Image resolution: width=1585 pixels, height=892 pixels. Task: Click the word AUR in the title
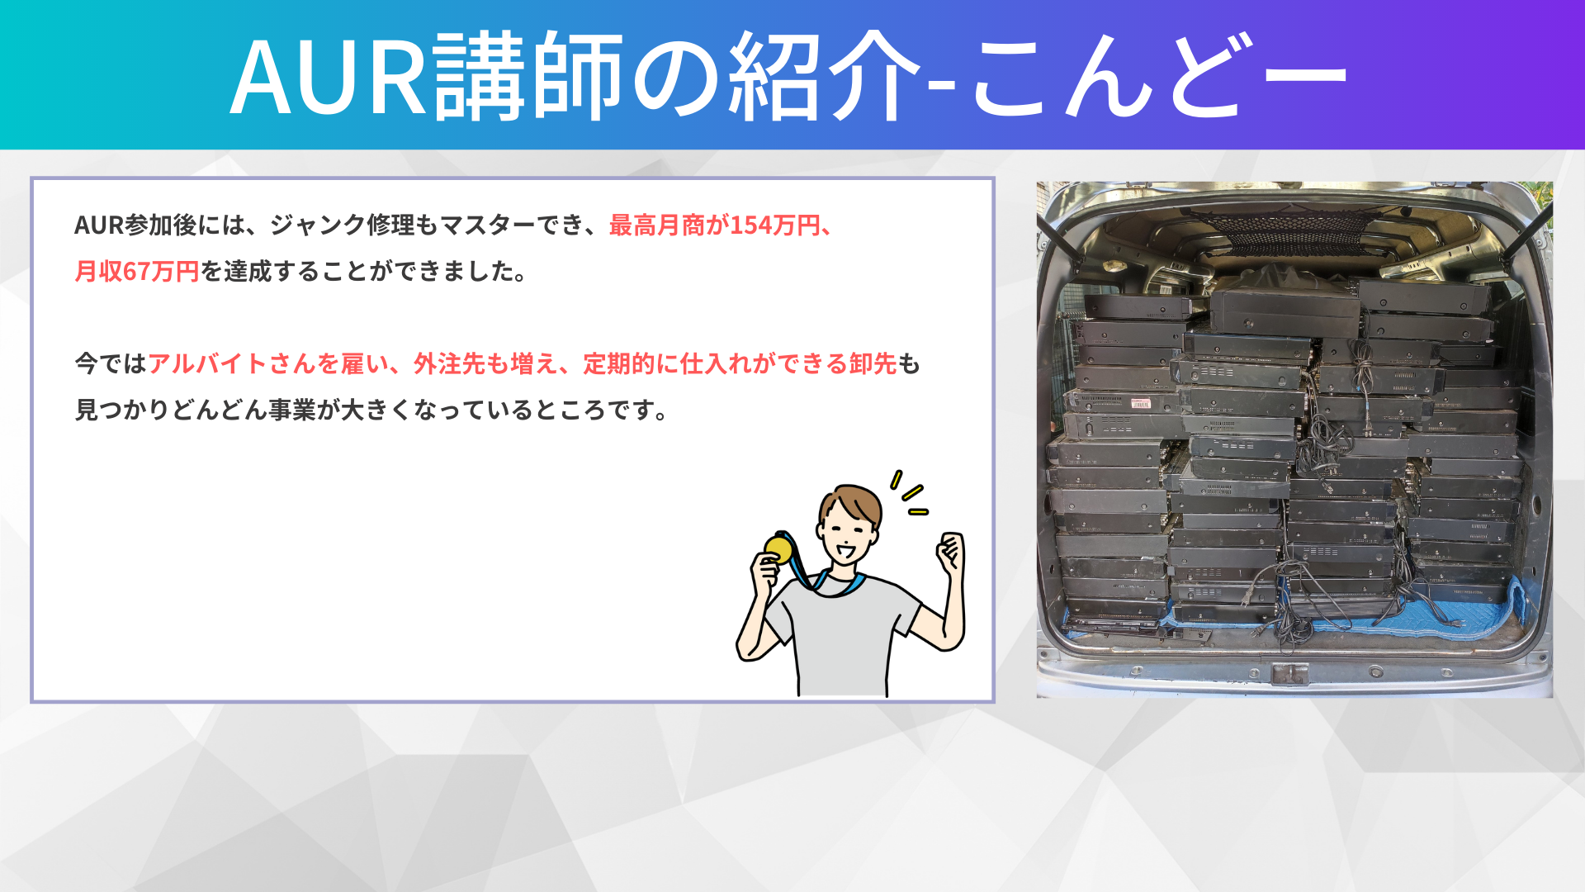point(329,77)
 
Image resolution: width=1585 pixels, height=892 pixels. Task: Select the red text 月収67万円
point(137,272)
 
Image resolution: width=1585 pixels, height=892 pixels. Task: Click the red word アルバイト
point(207,364)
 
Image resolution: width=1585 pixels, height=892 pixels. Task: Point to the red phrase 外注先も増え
point(485,364)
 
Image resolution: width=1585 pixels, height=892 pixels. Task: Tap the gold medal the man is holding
point(778,548)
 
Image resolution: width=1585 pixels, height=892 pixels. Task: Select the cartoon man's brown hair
point(850,504)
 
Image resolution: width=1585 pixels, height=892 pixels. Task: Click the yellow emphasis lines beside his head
point(909,493)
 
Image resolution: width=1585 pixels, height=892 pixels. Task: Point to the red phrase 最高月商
point(657,225)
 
